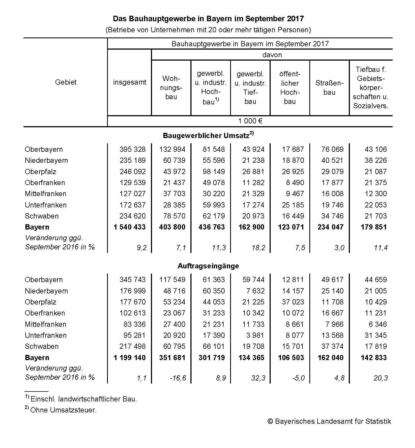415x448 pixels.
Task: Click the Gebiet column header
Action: pos(66,82)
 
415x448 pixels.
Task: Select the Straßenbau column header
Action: pos(329,88)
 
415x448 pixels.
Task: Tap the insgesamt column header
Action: pos(130,82)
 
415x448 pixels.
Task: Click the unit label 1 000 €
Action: pos(250,121)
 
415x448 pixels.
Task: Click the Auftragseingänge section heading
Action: pos(208,266)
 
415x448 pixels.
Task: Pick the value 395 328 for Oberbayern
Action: pos(132,149)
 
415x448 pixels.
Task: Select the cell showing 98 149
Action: pos(214,172)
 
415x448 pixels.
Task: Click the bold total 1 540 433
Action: pos(129,227)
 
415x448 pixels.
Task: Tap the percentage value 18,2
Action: pos(258,248)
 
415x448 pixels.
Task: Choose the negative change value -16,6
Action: pos(178,378)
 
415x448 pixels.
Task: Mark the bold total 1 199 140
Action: pos(129,358)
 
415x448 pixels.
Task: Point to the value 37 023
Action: pos(293,302)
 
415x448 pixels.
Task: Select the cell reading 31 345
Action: pos(376,335)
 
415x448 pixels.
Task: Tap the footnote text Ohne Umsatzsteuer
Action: pos(63,410)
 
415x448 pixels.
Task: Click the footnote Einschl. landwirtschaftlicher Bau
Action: pos(84,399)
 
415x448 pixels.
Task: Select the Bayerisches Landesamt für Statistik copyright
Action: pos(329,421)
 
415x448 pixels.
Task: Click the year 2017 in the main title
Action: pos(295,19)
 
